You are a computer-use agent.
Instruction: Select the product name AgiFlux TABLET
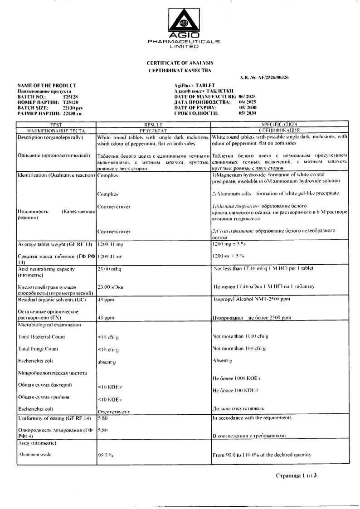196,85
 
